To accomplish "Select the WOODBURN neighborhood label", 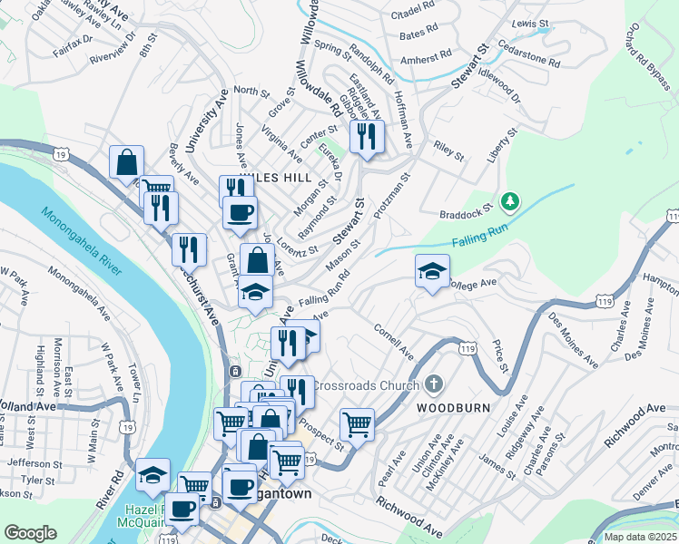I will click(454, 408).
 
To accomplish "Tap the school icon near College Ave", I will click(433, 270).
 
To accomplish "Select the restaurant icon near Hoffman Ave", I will click(367, 138).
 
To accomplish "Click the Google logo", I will click(31, 533).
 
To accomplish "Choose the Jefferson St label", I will click(33, 461).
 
